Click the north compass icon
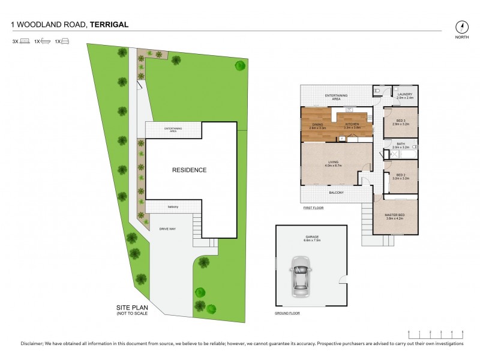coord(461,27)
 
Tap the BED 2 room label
coord(400,175)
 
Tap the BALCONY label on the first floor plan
coord(336,193)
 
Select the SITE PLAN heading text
coord(131,307)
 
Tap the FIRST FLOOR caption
coord(313,209)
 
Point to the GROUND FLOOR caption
coord(287,314)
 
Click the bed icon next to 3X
coord(25,41)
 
